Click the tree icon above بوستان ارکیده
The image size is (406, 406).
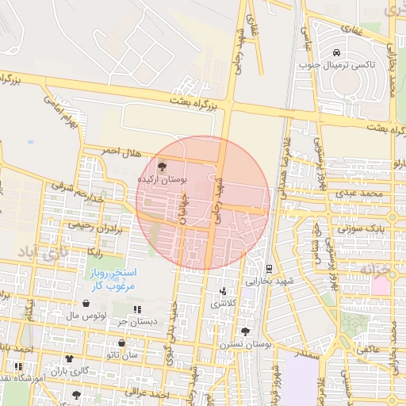click(x=163, y=167)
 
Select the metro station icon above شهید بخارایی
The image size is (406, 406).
click(x=269, y=269)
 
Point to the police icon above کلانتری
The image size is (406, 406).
click(x=223, y=291)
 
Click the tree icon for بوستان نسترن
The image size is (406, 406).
click(x=245, y=331)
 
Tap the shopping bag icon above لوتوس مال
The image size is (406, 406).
click(x=86, y=303)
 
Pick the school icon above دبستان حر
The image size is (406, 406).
click(x=137, y=309)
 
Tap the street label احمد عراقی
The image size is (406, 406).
click(x=154, y=393)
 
